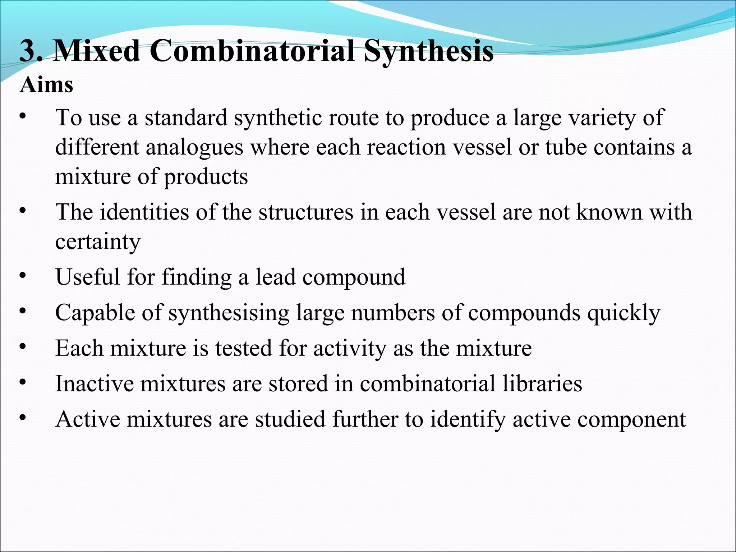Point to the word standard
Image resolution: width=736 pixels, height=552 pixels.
coord(186,118)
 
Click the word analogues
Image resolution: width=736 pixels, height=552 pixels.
coord(194,148)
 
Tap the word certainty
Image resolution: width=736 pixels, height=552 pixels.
coord(98,242)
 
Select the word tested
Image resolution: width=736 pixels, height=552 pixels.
coord(244,348)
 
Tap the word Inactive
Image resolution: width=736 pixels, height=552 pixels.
coord(94,383)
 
